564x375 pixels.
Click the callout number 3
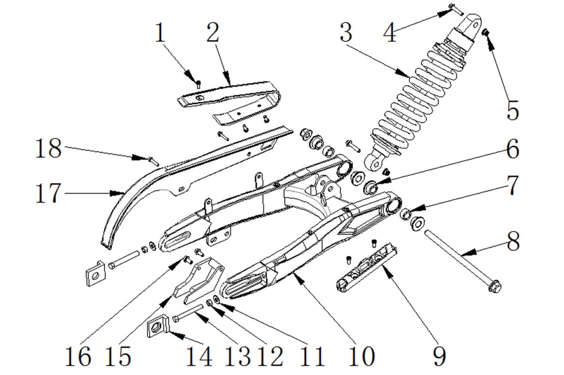coord(346,32)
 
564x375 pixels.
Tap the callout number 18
coord(48,148)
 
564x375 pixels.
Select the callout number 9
coord(439,356)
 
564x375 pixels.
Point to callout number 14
coord(199,356)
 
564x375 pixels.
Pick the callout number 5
coord(513,110)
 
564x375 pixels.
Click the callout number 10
coord(362,356)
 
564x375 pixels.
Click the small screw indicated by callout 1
coord(198,84)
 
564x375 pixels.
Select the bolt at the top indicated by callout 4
coord(456,9)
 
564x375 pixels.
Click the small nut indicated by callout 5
coord(485,32)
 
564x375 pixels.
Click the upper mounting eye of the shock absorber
coord(471,25)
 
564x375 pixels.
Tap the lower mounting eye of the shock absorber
coord(375,162)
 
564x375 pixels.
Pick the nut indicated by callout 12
coord(209,303)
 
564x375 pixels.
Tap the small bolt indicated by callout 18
coord(153,161)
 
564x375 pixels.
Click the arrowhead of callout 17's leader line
coord(118,193)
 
